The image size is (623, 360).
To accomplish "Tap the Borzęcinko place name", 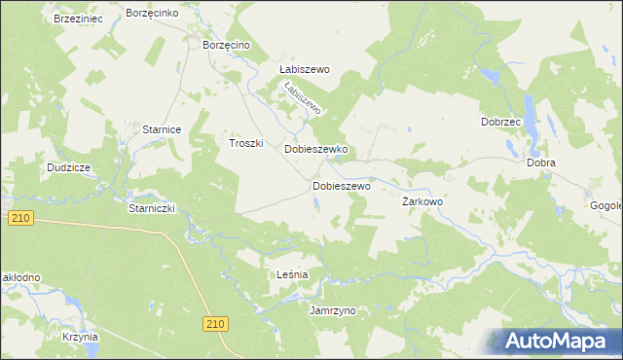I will click(151, 13).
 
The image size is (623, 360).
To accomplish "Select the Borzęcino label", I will click(226, 45).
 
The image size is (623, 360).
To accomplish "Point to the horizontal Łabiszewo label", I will click(306, 70).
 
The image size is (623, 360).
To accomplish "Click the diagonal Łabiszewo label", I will click(301, 98).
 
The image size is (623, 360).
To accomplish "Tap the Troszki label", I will click(246, 142).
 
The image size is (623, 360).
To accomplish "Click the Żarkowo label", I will click(422, 201).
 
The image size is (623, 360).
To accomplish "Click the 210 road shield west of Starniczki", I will click(21, 219).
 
